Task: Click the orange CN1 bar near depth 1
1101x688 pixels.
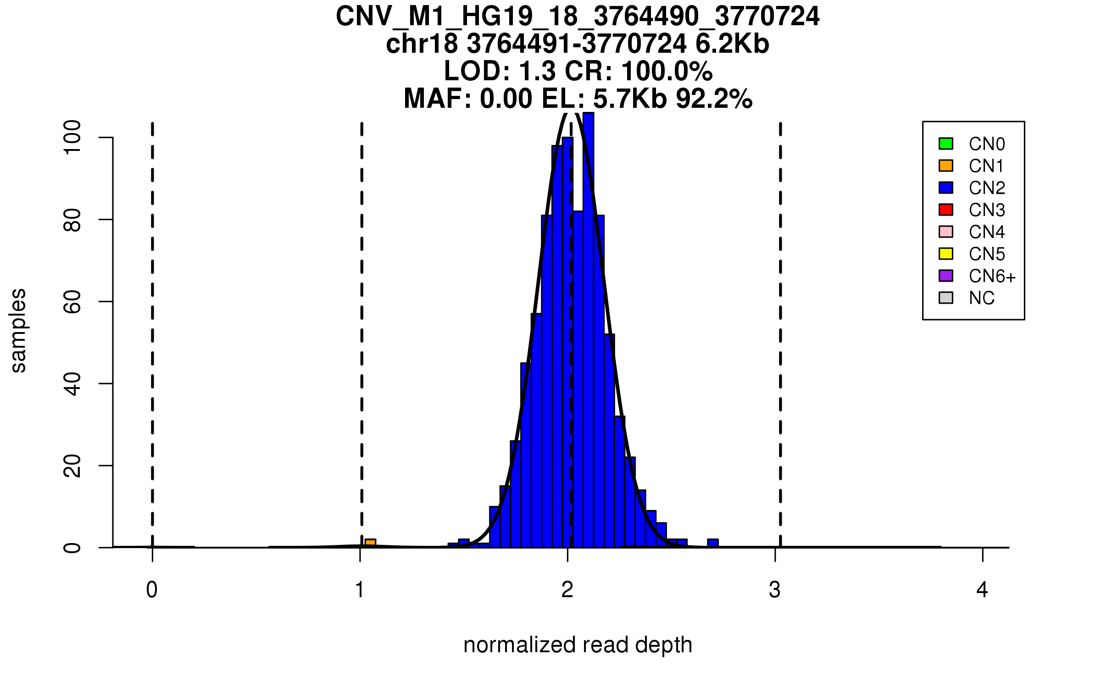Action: click(x=370, y=543)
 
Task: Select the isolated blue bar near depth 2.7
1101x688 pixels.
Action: click(x=712, y=543)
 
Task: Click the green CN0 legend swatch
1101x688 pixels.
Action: click(x=946, y=144)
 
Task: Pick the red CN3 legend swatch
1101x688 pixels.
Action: click(x=946, y=210)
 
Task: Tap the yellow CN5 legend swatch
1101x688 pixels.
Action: click(x=946, y=254)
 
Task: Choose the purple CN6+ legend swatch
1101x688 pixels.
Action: click(x=946, y=276)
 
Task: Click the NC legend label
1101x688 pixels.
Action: click(x=982, y=298)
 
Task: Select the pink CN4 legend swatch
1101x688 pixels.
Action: click(x=946, y=232)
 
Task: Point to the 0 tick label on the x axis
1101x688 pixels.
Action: click(x=152, y=590)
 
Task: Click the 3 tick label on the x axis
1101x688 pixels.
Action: click(x=775, y=590)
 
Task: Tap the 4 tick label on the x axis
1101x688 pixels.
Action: click(x=982, y=590)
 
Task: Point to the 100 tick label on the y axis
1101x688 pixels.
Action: click(x=72, y=137)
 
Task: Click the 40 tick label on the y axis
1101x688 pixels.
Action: click(x=72, y=383)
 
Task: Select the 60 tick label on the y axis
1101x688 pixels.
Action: click(x=72, y=301)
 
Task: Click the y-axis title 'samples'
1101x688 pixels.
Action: click(x=18, y=330)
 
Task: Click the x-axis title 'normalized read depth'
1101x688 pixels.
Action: click(x=578, y=645)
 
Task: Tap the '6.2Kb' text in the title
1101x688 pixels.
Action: click(x=732, y=44)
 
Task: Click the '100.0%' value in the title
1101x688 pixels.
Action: click(x=667, y=72)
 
